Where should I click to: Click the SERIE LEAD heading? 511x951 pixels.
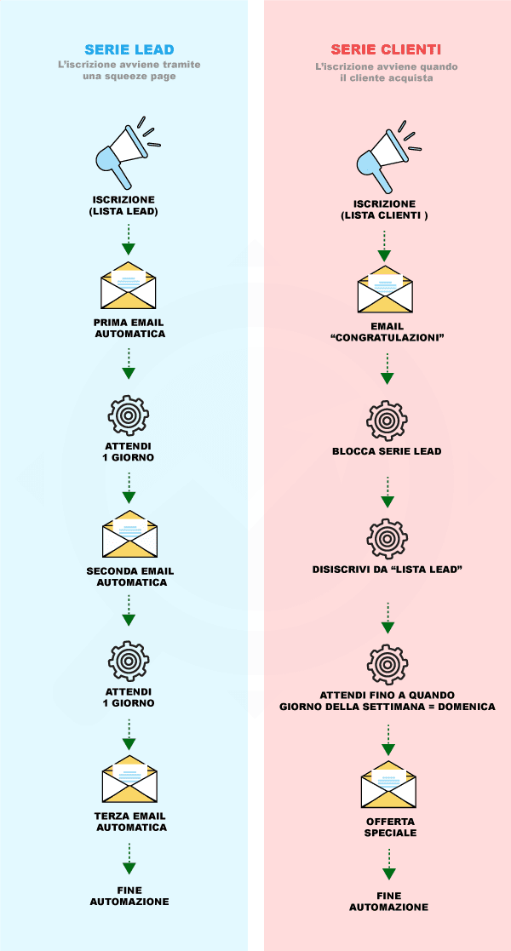[x=129, y=49]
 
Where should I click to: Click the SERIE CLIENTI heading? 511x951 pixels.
[x=386, y=49]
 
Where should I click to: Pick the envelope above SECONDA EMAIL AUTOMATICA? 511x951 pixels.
[x=130, y=536]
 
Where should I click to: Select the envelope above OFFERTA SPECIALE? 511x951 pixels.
[x=388, y=784]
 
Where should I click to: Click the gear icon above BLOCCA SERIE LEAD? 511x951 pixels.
[x=388, y=420]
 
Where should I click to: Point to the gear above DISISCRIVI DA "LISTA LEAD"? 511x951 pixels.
[x=388, y=538]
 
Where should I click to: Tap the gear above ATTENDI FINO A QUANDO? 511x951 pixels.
[x=388, y=662]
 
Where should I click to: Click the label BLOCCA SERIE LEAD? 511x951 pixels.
[x=387, y=451]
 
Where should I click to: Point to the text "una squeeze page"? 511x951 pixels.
[x=129, y=76]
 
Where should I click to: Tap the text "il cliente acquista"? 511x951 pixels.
[x=386, y=77]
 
